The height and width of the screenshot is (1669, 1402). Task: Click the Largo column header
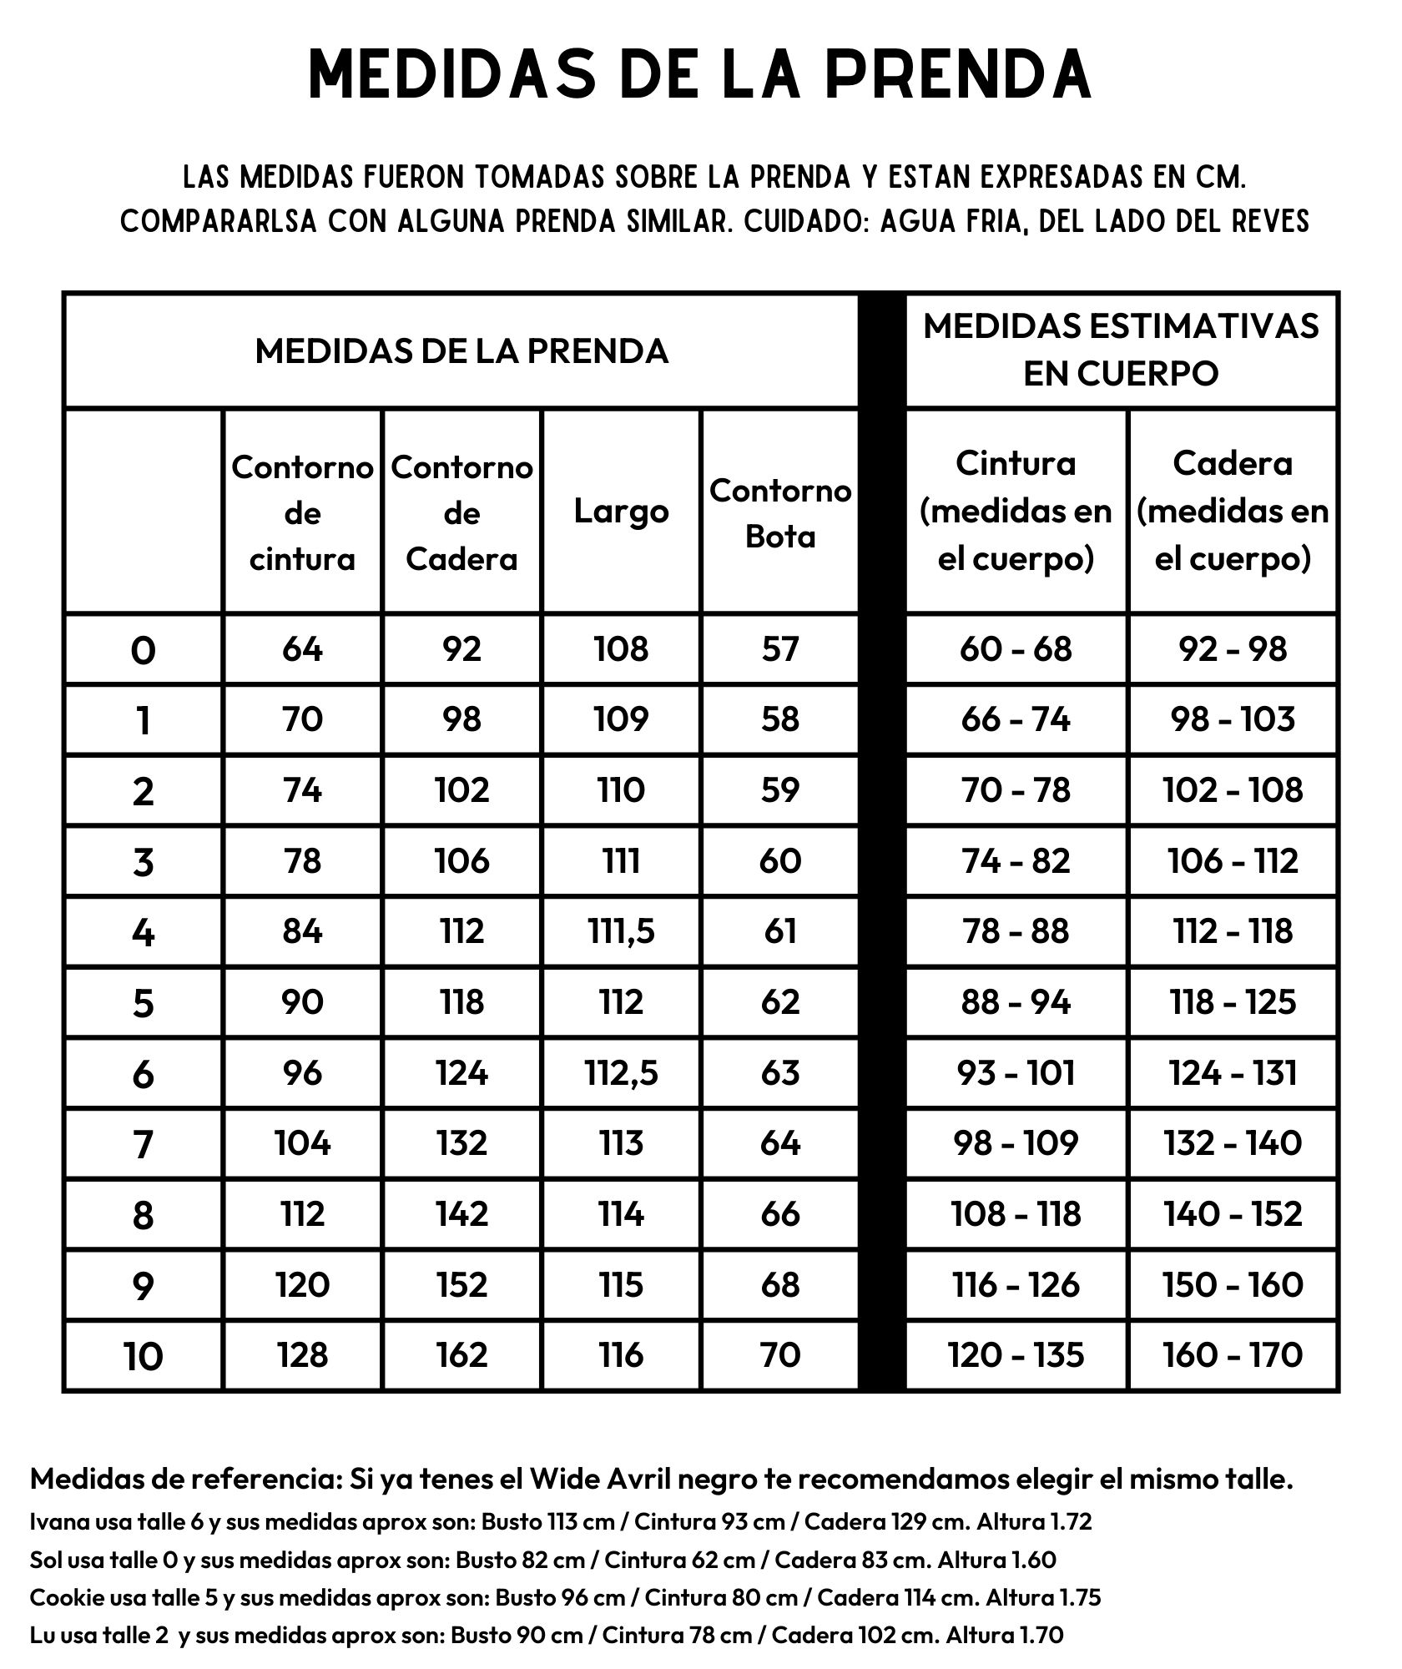coord(621,512)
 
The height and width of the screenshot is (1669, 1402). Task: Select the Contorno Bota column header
coord(780,512)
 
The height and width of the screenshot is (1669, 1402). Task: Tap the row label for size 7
coord(143,1144)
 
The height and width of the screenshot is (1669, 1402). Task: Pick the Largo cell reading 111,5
coord(621,931)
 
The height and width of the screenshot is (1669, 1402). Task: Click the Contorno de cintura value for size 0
coord(302,649)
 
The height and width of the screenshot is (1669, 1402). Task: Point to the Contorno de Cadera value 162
coord(461,1355)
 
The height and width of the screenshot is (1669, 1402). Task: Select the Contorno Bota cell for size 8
coord(780,1214)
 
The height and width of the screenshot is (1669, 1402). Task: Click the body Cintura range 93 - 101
coord(1016,1073)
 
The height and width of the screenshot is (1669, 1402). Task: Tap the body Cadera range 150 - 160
coord(1233,1285)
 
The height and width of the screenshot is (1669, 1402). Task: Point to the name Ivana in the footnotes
coord(59,1521)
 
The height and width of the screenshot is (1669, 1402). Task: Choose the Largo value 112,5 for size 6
coord(621,1073)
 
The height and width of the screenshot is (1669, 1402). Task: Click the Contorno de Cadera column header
coord(461,512)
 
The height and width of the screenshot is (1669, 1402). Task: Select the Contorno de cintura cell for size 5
coord(302,1002)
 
